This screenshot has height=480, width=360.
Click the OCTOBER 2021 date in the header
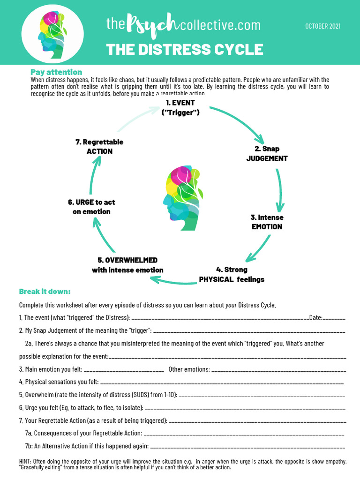(322, 26)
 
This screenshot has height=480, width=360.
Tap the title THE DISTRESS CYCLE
(184, 49)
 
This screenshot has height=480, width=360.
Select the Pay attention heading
(56, 72)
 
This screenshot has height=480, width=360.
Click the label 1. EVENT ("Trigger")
(180, 107)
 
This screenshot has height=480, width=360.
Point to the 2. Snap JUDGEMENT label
(267, 154)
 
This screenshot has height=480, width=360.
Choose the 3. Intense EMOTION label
(267, 222)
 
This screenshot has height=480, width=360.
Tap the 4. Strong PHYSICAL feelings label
(232, 275)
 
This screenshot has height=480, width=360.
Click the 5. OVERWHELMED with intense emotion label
(127, 265)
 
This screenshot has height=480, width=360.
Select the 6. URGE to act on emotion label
(91, 207)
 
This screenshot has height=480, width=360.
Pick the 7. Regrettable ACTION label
(99, 146)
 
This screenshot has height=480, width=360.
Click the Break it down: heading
(45, 291)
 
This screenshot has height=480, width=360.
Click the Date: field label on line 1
(315, 318)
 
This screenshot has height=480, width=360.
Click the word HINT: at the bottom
(27, 461)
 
